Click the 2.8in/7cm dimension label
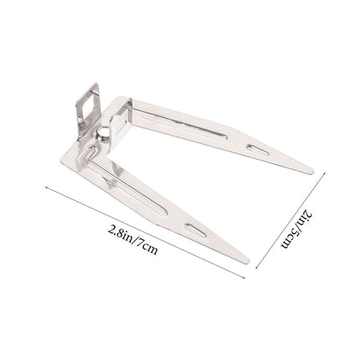[x=132, y=239]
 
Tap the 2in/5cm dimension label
[x=296, y=229]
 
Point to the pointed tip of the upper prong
[x=313, y=172]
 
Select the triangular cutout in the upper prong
[x=258, y=150]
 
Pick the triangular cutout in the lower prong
[x=196, y=230]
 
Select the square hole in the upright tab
[x=88, y=107]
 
